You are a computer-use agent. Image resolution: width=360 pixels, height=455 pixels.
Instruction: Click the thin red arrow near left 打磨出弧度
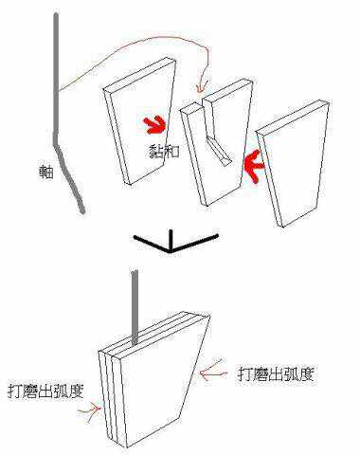pyautogui.click(x=92, y=410)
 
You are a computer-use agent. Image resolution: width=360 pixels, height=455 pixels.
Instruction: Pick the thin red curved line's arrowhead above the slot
pyautogui.click(x=197, y=91)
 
